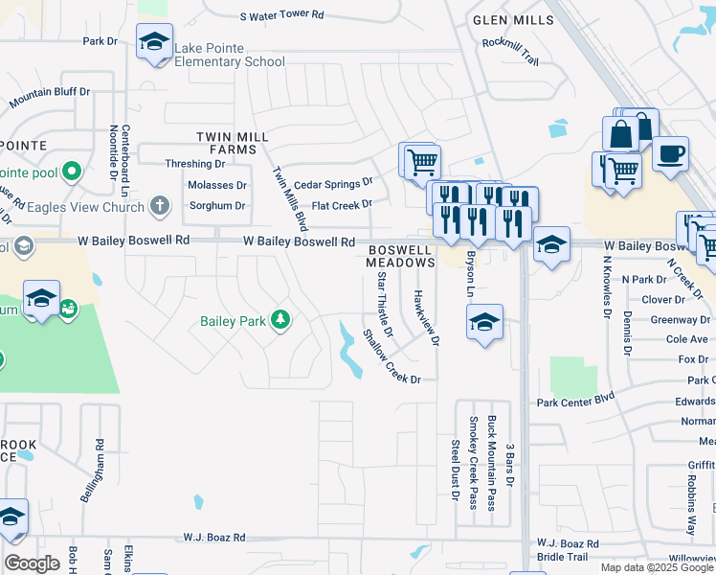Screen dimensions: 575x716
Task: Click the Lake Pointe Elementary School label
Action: (230, 56)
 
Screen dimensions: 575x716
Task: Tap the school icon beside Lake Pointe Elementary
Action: (153, 42)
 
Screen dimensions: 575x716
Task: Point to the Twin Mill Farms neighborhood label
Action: (227, 144)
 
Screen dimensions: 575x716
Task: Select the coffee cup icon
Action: (670, 153)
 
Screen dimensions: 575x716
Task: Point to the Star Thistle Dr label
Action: (384, 297)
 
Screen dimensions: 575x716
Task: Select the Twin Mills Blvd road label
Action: (290, 198)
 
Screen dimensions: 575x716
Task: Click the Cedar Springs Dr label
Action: (332, 184)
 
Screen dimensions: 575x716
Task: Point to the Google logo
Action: (32, 563)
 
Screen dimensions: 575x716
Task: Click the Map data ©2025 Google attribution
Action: (656, 567)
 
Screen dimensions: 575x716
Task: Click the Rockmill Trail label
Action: (511, 51)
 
